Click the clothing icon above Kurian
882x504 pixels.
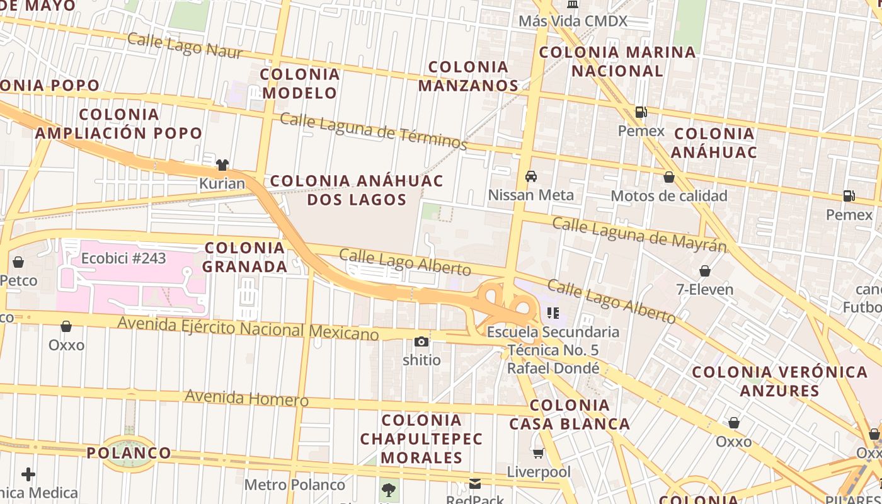(x=222, y=165)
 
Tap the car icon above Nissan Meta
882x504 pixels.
(x=531, y=176)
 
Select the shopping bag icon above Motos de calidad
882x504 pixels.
(x=669, y=178)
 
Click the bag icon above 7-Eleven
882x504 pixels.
(x=704, y=272)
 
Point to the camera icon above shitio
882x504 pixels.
(x=421, y=342)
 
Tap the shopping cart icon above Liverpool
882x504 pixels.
(x=539, y=454)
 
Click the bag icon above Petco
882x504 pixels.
(x=18, y=262)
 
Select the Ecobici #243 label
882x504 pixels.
(x=123, y=258)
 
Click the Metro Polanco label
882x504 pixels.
(x=294, y=485)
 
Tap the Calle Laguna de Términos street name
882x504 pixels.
(x=373, y=132)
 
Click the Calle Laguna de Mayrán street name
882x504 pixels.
(x=639, y=234)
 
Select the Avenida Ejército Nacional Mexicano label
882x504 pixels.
(x=248, y=328)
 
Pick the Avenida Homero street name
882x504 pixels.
(x=246, y=398)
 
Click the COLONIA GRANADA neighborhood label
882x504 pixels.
(x=244, y=257)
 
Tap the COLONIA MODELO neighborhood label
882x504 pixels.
(x=300, y=83)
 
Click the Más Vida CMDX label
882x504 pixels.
(x=573, y=21)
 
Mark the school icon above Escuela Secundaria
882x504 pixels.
(x=553, y=313)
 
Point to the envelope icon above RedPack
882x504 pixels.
(x=475, y=484)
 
